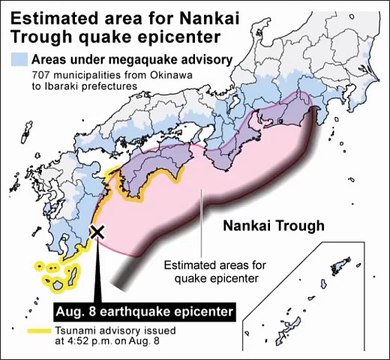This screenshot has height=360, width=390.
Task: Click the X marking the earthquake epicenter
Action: coord(98,232)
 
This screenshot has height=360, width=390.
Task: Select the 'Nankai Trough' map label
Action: coord(268,225)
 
